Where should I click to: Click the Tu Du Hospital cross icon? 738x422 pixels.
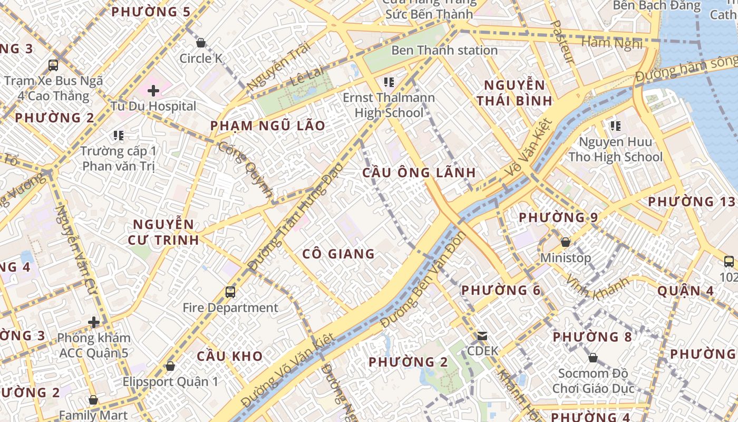coord(153,91)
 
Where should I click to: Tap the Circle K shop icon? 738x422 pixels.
coord(200,43)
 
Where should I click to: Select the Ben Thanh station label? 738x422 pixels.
coord(444,50)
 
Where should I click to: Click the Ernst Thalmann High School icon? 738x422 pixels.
coord(389,82)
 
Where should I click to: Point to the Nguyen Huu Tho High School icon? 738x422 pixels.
coord(615,126)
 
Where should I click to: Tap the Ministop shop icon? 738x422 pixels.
coord(565,242)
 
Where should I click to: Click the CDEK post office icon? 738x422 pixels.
coord(482,335)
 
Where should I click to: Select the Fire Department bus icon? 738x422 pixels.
coord(230,292)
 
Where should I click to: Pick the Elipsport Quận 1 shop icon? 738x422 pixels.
coord(170,366)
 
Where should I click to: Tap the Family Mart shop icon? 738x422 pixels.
coord(93,400)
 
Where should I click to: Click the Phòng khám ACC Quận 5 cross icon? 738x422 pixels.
coord(94,322)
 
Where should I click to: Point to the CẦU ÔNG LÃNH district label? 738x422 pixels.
coord(419,172)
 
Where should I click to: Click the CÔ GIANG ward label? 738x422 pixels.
coord(338,254)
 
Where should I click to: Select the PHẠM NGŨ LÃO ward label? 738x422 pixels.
coord(268,126)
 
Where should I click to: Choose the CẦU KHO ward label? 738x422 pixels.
coord(230,356)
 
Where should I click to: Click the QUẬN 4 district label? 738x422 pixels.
coord(686,291)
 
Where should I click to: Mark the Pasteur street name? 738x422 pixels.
coord(562,42)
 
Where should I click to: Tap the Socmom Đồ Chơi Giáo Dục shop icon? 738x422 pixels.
coord(593,358)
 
